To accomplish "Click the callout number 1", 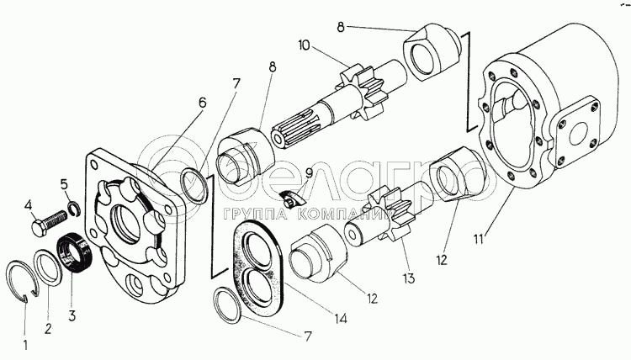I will click(x=26, y=344).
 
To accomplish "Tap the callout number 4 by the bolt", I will click(x=28, y=204).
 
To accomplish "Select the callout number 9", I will click(x=309, y=174).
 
